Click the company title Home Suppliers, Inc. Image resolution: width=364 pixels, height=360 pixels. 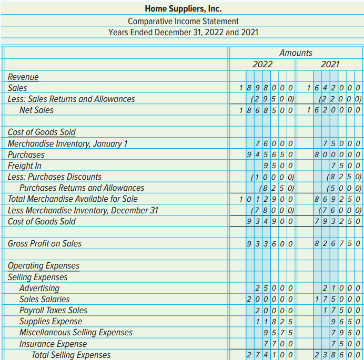click(x=183, y=9)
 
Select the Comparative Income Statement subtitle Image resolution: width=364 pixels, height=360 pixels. click(x=183, y=21)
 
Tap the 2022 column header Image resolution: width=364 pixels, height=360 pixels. click(x=262, y=65)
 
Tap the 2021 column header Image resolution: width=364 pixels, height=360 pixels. click(x=330, y=65)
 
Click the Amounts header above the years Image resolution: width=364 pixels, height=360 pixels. click(x=296, y=53)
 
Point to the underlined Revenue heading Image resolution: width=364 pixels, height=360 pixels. click(x=23, y=77)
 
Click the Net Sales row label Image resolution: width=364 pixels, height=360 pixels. click(x=36, y=110)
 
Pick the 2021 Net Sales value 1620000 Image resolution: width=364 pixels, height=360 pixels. click(x=333, y=110)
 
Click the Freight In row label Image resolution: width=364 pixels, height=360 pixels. click(x=24, y=166)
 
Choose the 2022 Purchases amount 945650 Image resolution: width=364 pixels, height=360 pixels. click(x=270, y=155)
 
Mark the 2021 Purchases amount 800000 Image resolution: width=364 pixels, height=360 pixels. click(x=337, y=155)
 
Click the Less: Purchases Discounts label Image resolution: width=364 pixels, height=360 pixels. click(x=54, y=177)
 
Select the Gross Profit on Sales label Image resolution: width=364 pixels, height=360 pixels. click(x=45, y=243)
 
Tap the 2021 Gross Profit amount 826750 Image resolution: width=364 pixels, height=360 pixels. click(x=337, y=243)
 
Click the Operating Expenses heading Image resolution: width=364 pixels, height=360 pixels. click(x=44, y=266)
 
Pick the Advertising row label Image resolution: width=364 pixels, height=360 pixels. click(x=39, y=288)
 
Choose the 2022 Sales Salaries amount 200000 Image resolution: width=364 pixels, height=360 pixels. click(x=270, y=299)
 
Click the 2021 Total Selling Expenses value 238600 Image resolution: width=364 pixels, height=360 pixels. click(x=337, y=355)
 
